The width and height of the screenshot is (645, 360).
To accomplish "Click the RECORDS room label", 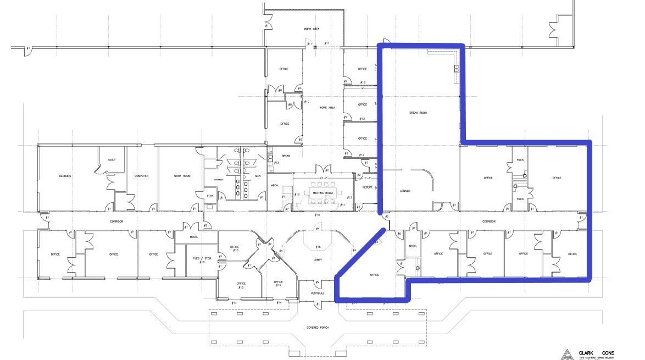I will coord(65,176).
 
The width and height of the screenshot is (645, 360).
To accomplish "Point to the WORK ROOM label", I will coord(182,176).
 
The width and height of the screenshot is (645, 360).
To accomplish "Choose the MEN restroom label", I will coord(258,176).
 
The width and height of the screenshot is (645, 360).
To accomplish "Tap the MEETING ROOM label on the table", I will coord(323,193).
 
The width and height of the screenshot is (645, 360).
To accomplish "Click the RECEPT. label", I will coord(368,187).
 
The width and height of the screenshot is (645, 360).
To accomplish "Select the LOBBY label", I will coord(318,259).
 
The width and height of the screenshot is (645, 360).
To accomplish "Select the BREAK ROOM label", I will coord(418,113).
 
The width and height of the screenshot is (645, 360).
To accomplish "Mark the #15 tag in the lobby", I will coord(318,247).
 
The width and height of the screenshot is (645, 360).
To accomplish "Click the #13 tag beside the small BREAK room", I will coord(276,163).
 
